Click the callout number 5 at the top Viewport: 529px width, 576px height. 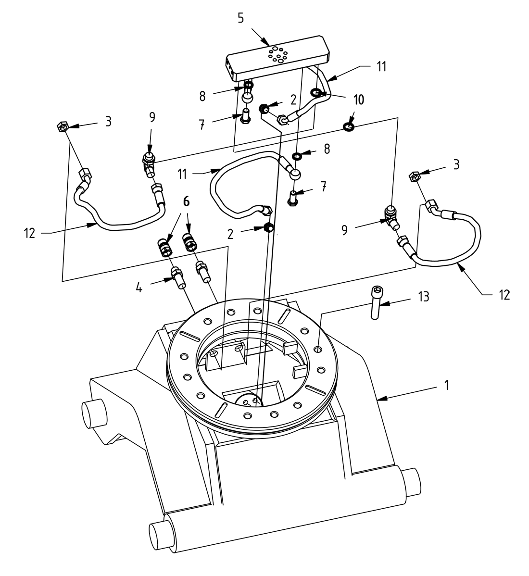coord(241,19)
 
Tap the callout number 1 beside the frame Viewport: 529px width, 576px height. coord(446,386)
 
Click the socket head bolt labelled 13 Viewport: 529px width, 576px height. coord(376,302)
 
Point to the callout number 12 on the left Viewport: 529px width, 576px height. coord(29,234)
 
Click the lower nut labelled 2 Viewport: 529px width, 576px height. coord(269,227)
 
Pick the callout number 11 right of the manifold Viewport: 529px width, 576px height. coord(380,66)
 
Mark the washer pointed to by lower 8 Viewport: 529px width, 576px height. coord(297,156)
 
